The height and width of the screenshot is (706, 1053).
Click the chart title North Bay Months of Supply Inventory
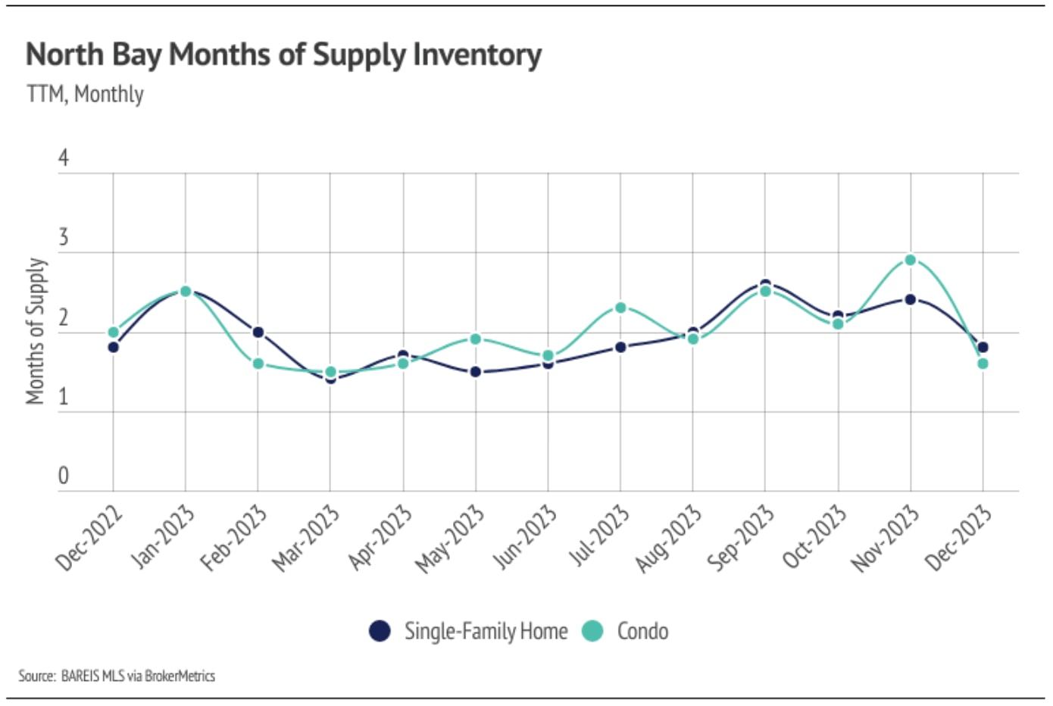coord(283,55)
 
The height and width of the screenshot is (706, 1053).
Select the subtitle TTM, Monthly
coord(85,95)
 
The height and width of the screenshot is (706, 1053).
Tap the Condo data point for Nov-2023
coord(910,261)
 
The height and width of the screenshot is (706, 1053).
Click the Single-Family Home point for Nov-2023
coord(910,300)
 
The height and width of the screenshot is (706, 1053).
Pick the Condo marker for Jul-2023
coord(620,308)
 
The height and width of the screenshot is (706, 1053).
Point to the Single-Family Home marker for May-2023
coord(476,372)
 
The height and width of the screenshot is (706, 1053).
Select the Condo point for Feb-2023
coord(258,364)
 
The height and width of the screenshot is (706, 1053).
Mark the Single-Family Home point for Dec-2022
coord(114,348)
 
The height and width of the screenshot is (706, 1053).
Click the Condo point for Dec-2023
coord(983,364)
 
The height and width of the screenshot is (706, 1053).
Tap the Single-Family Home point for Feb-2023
coord(258,332)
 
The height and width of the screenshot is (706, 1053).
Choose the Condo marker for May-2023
coord(476,339)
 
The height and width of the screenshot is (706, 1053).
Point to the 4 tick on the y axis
coord(64,158)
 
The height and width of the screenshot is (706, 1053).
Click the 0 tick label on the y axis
coord(64,476)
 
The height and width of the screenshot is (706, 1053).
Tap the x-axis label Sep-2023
coord(741,538)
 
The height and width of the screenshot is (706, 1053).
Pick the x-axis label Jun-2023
coord(525,538)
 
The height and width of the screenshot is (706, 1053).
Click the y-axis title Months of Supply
coord(36,331)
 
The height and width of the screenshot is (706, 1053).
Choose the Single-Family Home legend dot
coord(380,631)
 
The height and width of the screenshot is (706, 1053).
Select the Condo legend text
coord(642,631)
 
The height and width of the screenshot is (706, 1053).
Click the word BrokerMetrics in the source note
coord(180,676)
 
